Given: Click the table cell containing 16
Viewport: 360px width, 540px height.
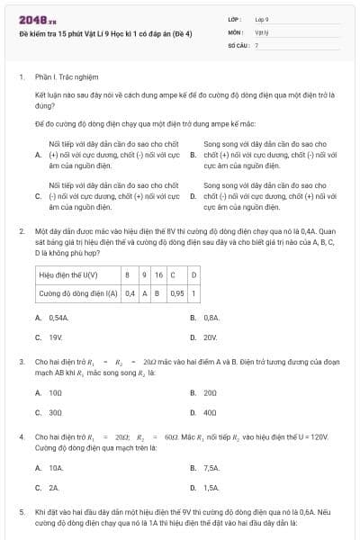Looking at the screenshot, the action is click(x=158, y=274).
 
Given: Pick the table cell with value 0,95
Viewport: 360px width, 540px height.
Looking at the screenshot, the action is click(x=176, y=293).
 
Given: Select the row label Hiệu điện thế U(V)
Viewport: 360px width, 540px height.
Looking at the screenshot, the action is click(x=69, y=274).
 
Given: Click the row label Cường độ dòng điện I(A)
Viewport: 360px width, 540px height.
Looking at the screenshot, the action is click(x=77, y=293).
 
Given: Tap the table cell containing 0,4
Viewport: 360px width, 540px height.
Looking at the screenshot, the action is click(x=130, y=293).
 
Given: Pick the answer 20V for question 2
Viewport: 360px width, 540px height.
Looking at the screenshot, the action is click(x=211, y=337).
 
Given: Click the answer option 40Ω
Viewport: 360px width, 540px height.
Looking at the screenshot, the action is click(x=211, y=412).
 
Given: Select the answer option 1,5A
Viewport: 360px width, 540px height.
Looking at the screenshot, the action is click(x=211, y=487).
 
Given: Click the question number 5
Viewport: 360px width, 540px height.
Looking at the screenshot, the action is click(x=22, y=510).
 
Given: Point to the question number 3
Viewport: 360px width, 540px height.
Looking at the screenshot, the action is click(x=22, y=361).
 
